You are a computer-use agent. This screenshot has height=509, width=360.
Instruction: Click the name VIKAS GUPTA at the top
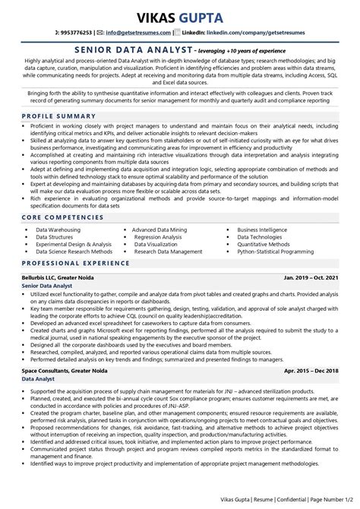[x=180, y=17]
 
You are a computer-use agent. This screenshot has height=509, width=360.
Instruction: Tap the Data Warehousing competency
[x=62, y=229]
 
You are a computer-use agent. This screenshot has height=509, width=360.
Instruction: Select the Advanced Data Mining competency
[x=159, y=229]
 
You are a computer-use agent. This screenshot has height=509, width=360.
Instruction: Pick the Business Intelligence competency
[x=263, y=229]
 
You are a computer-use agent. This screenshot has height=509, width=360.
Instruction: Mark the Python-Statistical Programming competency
[x=275, y=251]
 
